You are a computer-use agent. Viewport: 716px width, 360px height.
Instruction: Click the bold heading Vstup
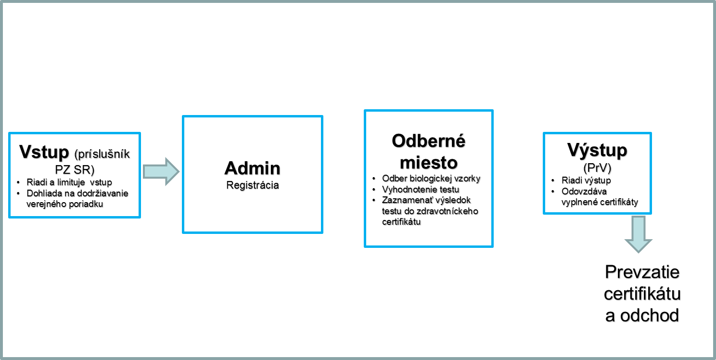click(x=44, y=152)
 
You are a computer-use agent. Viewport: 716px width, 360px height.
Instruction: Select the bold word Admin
click(x=253, y=168)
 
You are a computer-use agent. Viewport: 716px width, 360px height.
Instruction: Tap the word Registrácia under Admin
click(x=253, y=185)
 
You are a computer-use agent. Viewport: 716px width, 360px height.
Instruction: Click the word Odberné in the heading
click(x=429, y=141)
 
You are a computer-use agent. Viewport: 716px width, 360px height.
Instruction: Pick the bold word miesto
click(x=429, y=163)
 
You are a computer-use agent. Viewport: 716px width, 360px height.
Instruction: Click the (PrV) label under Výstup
click(x=597, y=168)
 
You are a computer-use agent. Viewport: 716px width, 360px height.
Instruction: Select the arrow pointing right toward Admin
click(x=161, y=171)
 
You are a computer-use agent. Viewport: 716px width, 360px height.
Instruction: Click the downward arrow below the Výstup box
click(x=639, y=234)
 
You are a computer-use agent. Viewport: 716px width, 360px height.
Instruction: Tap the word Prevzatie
click(x=642, y=272)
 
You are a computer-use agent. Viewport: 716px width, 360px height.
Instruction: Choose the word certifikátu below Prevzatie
click(x=642, y=294)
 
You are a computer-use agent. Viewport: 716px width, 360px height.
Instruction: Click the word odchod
click(x=650, y=316)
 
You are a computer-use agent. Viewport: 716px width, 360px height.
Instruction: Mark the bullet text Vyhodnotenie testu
click(x=421, y=190)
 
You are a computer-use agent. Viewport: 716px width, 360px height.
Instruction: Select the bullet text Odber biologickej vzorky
click(x=431, y=179)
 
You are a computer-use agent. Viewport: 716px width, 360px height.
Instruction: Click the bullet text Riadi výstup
click(x=586, y=180)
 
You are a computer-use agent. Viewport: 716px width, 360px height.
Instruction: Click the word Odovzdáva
click(x=584, y=192)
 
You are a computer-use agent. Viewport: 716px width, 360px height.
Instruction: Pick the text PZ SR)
click(x=75, y=170)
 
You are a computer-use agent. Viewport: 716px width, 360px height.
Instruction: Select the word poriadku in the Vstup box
click(x=87, y=204)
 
